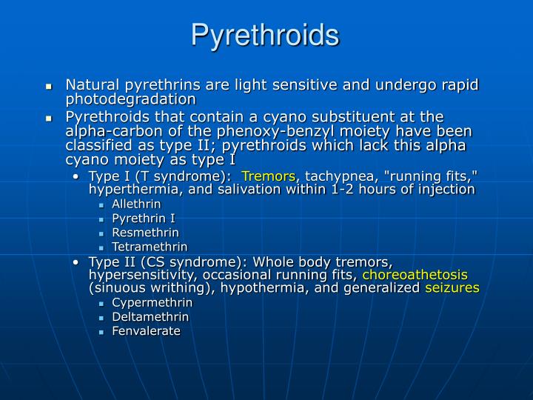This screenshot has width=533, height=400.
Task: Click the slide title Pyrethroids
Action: coord(265,35)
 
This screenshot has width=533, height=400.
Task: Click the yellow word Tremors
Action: coord(269,176)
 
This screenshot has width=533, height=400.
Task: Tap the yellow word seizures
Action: coord(452,287)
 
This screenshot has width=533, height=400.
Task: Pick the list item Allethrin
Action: coord(136,204)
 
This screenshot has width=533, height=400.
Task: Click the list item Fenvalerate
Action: coord(146,330)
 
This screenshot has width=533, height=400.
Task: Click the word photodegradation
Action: coord(131,99)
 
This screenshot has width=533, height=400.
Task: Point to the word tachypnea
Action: coord(333,176)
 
